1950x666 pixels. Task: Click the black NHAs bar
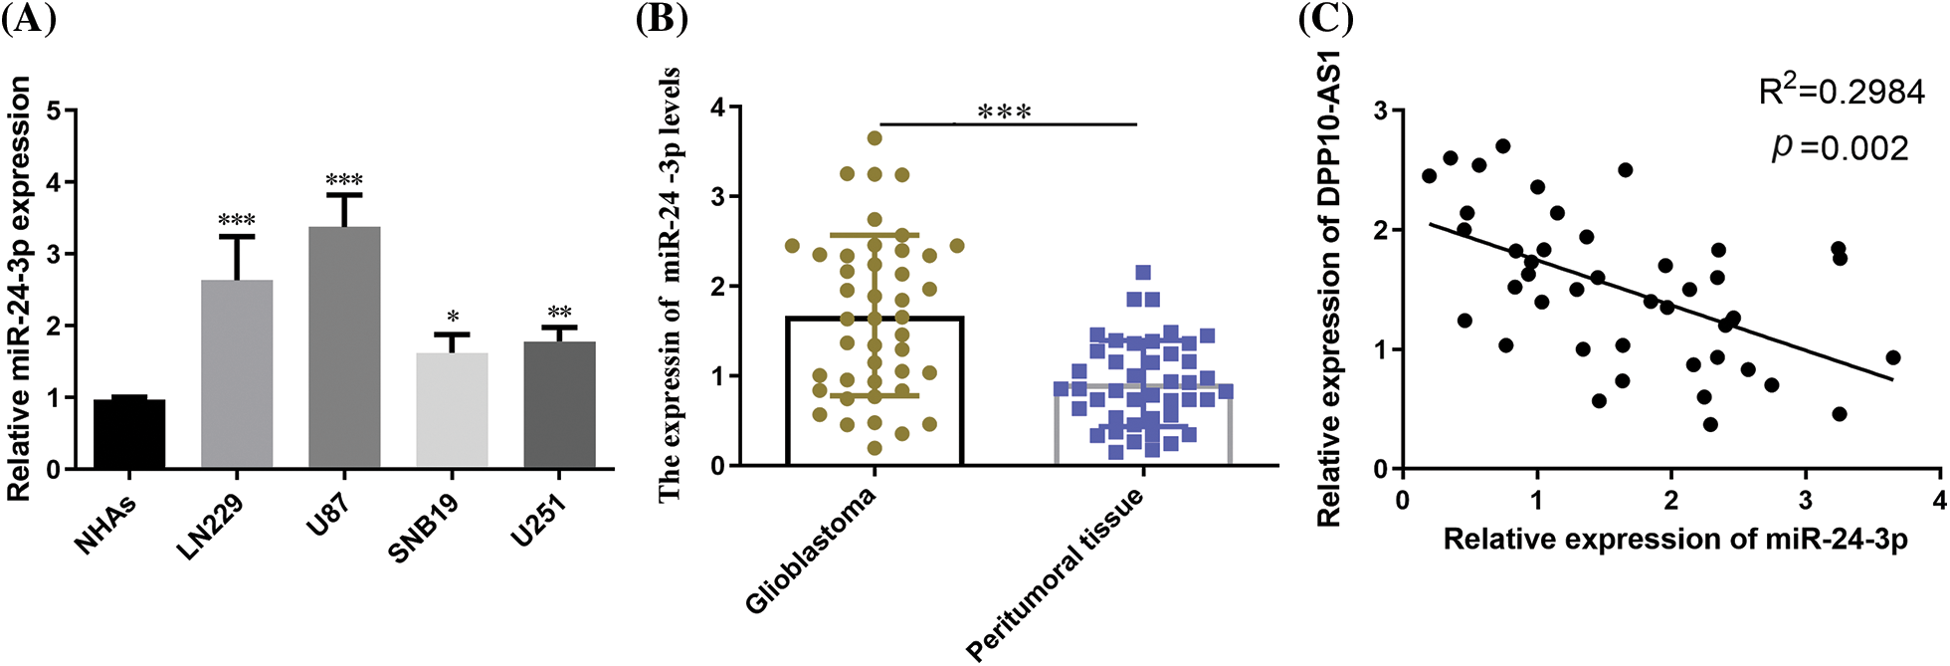pyautogui.click(x=129, y=434)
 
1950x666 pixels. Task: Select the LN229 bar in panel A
pyautogui.click(x=237, y=375)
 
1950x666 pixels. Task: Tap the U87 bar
pyautogui.click(x=344, y=348)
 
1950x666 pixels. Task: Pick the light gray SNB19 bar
pyautogui.click(x=452, y=410)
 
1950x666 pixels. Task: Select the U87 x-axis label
pyautogui.click(x=327, y=517)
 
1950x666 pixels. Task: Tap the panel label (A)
pyautogui.click(x=27, y=20)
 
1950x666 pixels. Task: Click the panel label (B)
pyautogui.click(x=662, y=20)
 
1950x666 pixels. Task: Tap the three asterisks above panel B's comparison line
pyautogui.click(x=1004, y=111)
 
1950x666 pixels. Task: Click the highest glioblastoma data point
pyautogui.click(x=875, y=138)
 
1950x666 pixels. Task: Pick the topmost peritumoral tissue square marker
pyautogui.click(x=1143, y=273)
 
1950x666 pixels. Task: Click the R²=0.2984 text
pyautogui.click(x=1827, y=92)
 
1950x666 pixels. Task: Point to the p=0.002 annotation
pyautogui.click(x=1840, y=148)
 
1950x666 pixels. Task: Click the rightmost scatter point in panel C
pyautogui.click(x=1893, y=357)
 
